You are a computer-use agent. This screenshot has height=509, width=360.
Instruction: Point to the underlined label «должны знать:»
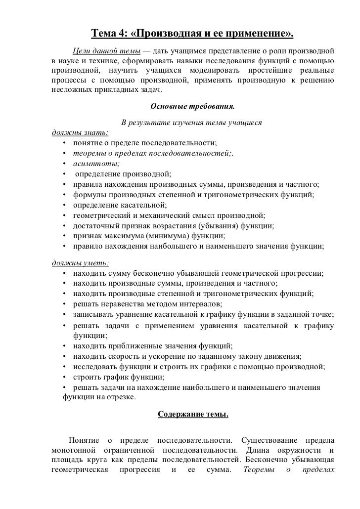(81, 132)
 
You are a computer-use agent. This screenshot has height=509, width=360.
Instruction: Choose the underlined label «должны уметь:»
(81, 262)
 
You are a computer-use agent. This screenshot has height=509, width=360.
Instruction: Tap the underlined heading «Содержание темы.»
(193, 414)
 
